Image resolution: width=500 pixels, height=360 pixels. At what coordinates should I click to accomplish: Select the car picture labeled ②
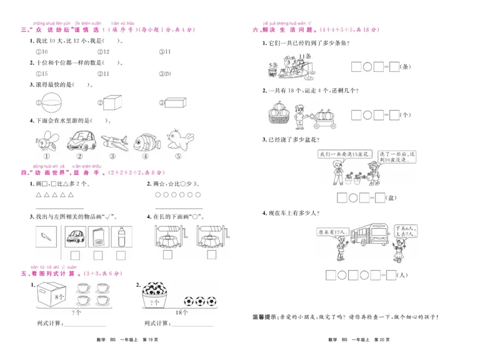[x=81, y=139]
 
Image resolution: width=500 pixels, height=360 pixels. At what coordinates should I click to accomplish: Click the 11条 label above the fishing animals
[x=304, y=56]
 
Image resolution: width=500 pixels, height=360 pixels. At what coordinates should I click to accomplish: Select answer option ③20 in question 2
[x=165, y=74]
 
